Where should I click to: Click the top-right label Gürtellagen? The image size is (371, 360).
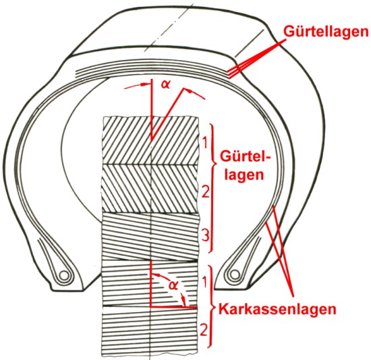[326, 32]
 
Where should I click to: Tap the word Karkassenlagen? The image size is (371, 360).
[277, 309]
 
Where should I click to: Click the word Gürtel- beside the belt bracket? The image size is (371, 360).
[245, 157]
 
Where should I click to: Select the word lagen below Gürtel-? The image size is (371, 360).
[244, 175]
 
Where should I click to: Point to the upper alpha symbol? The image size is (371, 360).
[166, 84]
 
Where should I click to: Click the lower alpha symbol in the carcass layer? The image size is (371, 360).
[173, 285]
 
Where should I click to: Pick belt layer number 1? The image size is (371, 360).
[205, 143]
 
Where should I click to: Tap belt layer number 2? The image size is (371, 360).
[205, 191]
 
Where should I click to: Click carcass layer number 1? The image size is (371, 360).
[205, 282]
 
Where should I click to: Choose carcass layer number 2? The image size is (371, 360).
[204, 330]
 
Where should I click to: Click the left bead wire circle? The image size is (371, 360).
[64, 275]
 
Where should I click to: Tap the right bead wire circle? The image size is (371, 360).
[235, 274]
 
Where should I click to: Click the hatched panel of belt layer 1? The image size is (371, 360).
[150, 140]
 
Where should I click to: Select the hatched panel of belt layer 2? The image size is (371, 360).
[150, 189]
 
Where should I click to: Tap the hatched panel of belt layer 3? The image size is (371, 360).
[150, 237]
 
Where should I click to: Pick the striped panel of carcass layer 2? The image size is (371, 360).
[150, 331]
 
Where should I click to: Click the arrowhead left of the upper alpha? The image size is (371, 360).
[144, 84]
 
